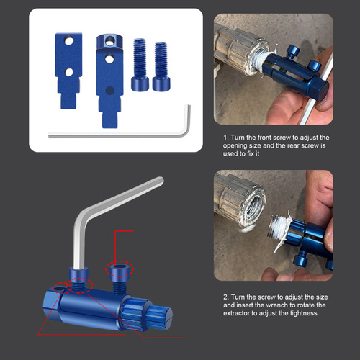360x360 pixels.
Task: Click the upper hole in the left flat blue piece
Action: (69, 41)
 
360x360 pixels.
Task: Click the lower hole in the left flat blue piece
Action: (69, 72)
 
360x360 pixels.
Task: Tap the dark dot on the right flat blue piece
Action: (110, 91)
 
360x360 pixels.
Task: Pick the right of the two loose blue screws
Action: (161, 66)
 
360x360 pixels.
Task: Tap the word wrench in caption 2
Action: (278, 305)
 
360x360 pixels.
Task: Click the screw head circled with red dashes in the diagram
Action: (120, 269)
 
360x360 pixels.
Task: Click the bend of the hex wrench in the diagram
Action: (83, 213)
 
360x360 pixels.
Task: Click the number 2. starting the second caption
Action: (226, 297)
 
